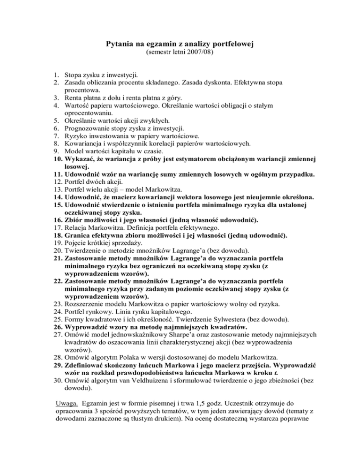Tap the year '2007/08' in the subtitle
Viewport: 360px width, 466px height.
208,53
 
